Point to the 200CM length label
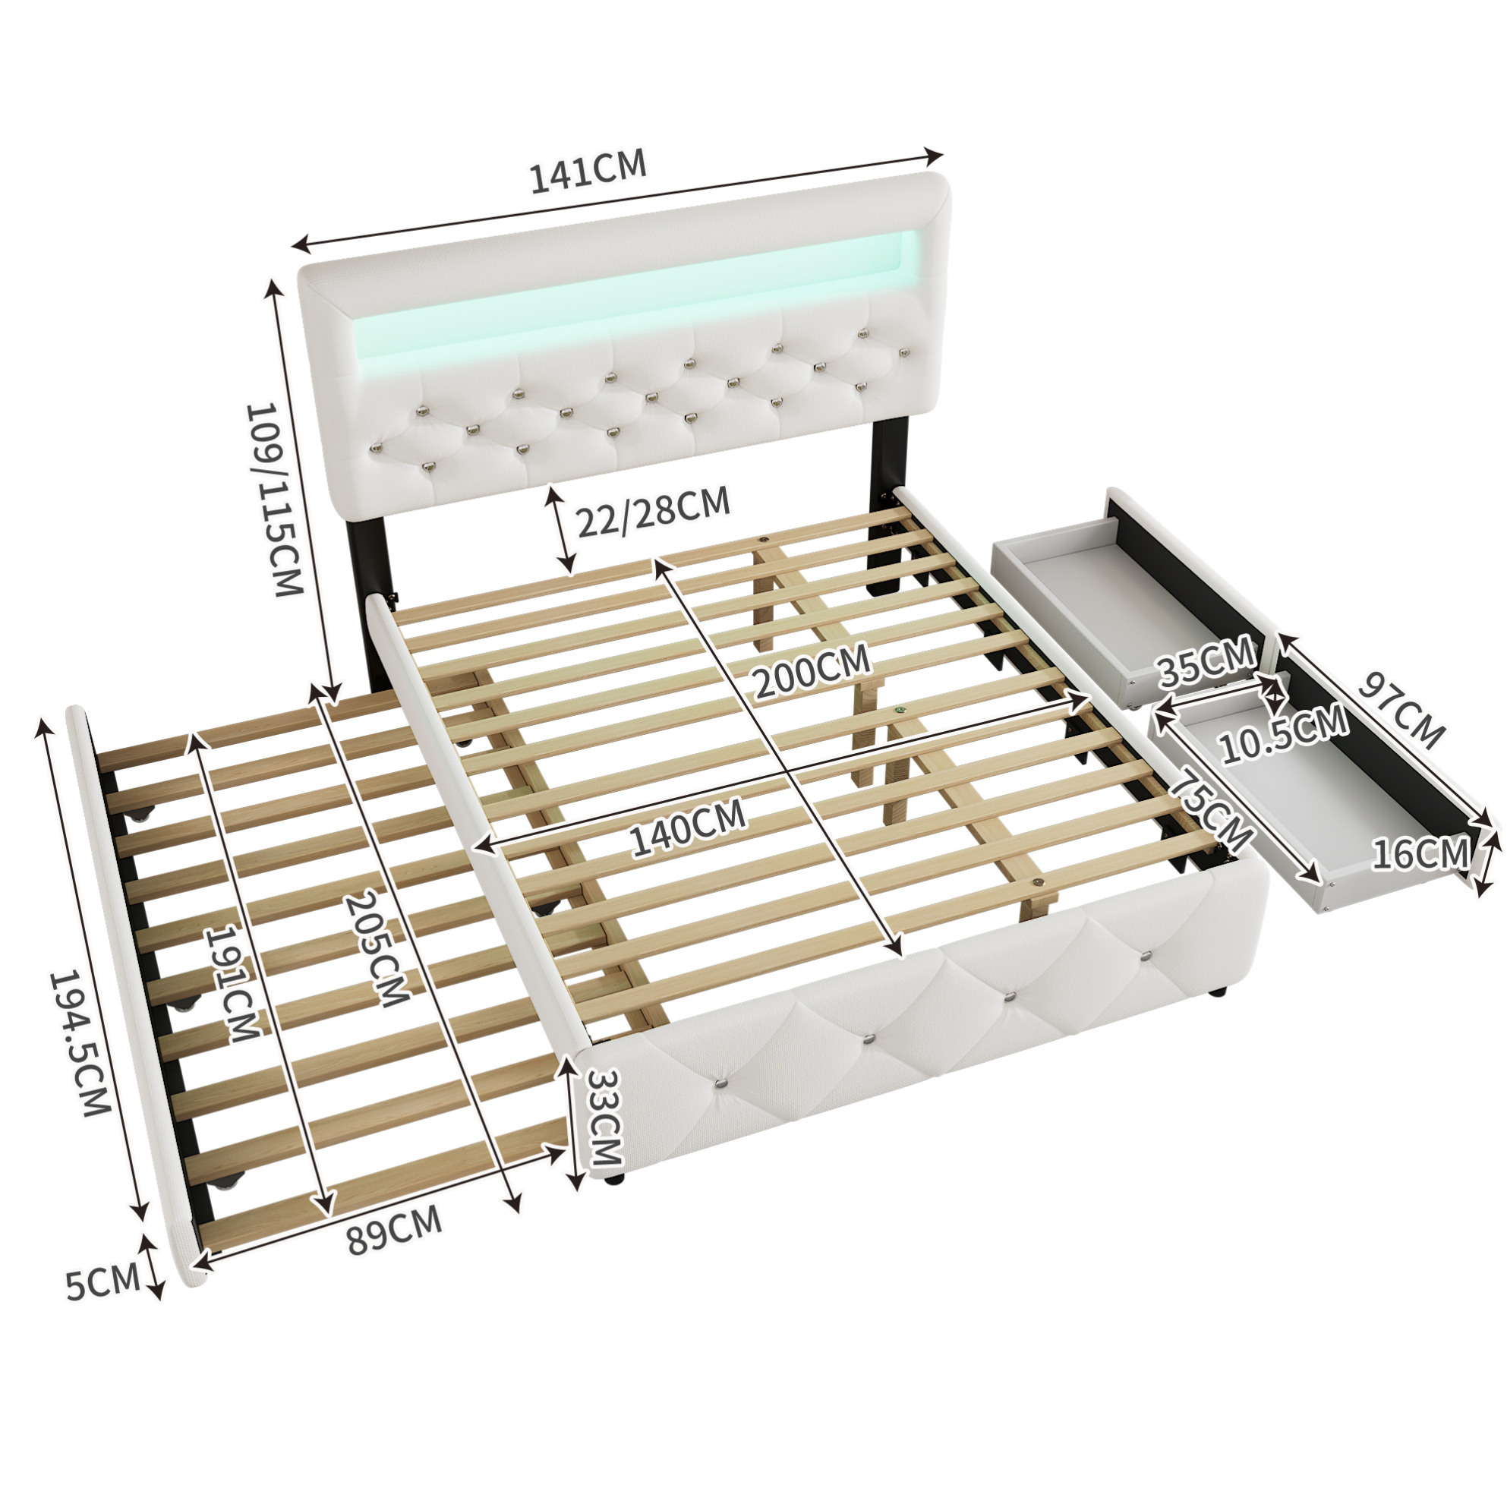[x=812, y=672]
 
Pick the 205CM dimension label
[x=377, y=947]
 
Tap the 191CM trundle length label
[x=230, y=983]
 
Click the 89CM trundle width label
[x=395, y=1231]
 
